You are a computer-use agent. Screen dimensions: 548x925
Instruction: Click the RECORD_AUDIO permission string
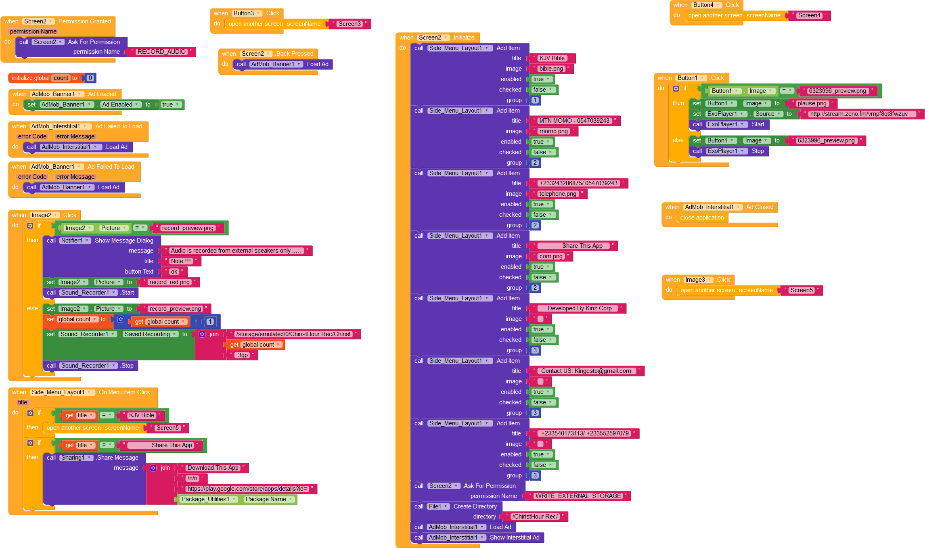pyautogui.click(x=161, y=52)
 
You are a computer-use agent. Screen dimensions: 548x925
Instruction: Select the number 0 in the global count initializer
pyautogui.click(x=90, y=78)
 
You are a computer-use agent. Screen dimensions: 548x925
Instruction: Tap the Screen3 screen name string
pyautogui.click(x=349, y=24)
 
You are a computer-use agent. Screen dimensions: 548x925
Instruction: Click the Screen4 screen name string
pyautogui.click(x=809, y=15)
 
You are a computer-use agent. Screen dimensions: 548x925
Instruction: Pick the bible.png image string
pyautogui.click(x=551, y=69)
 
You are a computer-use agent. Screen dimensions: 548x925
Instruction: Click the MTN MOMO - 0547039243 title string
pyautogui.click(x=574, y=121)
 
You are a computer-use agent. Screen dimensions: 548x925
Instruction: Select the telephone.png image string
pyautogui.click(x=557, y=194)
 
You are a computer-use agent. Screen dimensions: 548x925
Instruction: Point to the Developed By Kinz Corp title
pyautogui.click(x=579, y=308)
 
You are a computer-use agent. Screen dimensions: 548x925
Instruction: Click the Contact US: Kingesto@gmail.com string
pyautogui.click(x=586, y=371)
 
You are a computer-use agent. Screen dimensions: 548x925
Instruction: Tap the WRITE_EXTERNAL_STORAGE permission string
pyautogui.click(x=578, y=496)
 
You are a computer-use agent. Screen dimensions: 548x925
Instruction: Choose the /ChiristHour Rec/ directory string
pyautogui.click(x=535, y=517)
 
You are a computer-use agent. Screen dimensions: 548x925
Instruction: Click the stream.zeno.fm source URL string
pyautogui.click(x=858, y=114)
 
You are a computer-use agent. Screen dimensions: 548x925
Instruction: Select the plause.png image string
pyautogui.click(x=812, y=103)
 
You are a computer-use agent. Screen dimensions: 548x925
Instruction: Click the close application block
pyautogui.click(x=702, y=218)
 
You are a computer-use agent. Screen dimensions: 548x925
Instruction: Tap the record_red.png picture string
pyautogui.click(x=169, y=282)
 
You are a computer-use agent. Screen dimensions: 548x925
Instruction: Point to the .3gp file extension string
pyautogui.click(x=242, y=355)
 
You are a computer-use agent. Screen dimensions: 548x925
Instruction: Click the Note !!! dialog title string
pyautogui.click(x=180, y=261)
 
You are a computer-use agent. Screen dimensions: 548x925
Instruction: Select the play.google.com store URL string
pyautogui.click(x=247, y=489)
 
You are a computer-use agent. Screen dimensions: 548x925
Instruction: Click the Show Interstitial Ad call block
pyautogui.click(x=514, y=538)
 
